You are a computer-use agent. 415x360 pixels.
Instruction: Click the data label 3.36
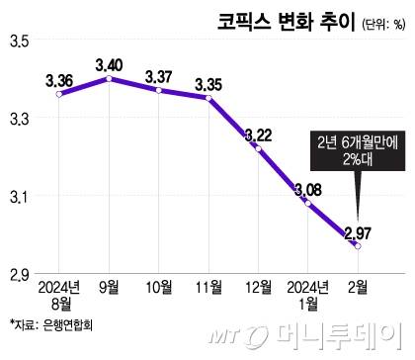58,79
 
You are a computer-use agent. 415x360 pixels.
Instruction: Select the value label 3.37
158,76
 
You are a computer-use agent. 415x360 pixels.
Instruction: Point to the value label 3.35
208,83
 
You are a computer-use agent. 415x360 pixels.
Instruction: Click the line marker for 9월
109,78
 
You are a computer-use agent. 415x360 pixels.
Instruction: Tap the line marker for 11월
208,98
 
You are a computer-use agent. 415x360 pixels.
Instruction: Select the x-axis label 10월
158,288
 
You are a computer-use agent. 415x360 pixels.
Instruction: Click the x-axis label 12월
259,288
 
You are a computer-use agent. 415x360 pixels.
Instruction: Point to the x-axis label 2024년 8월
58,296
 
